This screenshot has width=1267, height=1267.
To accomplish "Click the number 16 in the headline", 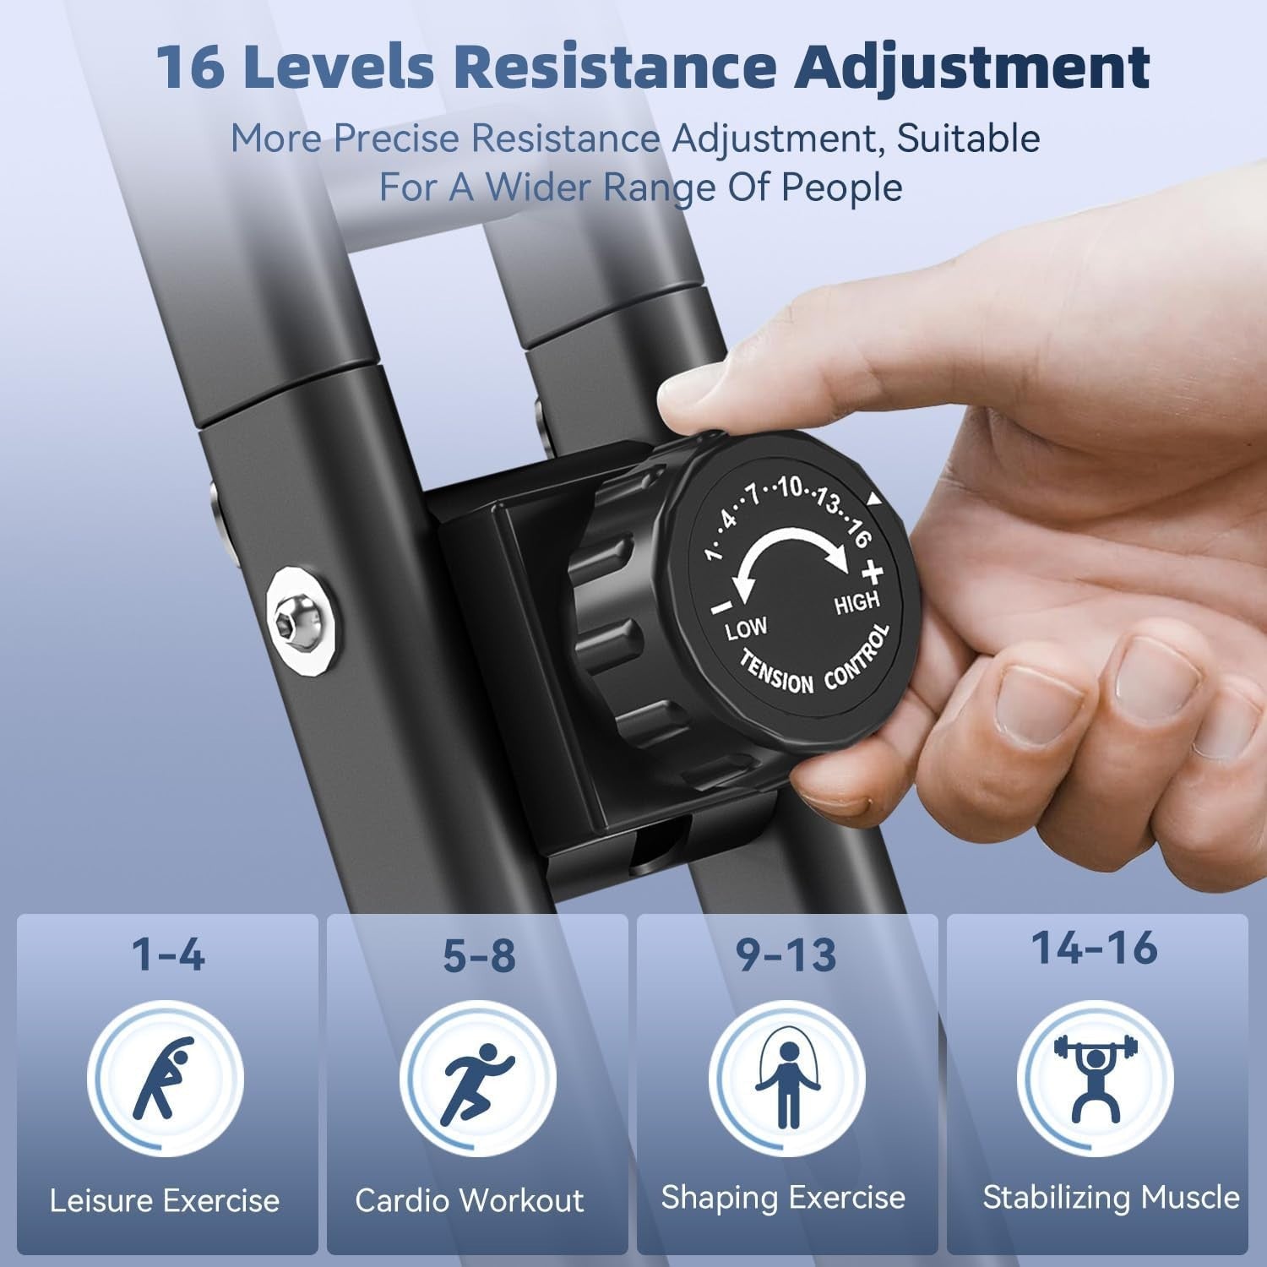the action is [x=191, y=68].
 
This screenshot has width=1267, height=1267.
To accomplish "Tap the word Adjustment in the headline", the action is [x=975, y=68].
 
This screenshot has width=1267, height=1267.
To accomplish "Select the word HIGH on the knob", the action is [x=857, y=603].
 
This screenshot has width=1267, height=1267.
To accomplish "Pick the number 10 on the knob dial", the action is [x=791, y=487].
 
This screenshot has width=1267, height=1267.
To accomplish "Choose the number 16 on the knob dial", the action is [x=858, y=535].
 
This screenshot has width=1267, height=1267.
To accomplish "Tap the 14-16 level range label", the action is [x=1095, y=947].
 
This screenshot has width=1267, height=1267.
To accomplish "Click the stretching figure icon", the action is [x=165, y=1078].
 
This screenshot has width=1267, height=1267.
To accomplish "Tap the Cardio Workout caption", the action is [x=470, y=1200].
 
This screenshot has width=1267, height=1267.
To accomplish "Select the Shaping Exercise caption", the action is [x=783, y=1199].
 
